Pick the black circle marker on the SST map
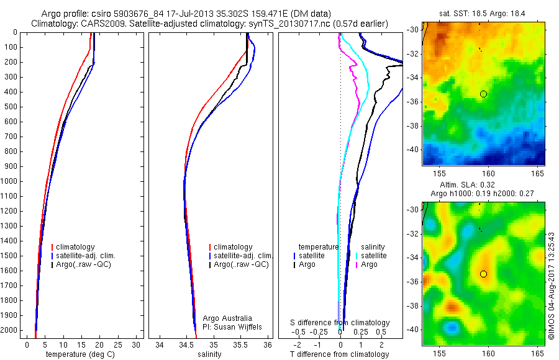(x=483, y=94)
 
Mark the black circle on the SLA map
(x=483, y=274)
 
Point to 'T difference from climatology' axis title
(x=340, y=354)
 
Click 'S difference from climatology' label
(x=340, y=323)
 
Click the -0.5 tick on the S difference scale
(x=300, y=332)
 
